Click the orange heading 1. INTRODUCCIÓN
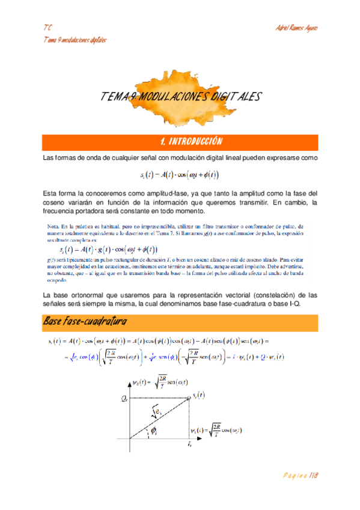pyautogui.click(x=192, y=142)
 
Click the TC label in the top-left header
pyautogui.click(x=47, y=28)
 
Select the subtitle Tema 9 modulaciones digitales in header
pyautogui.click(x=75, y=40)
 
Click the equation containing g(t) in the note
pyautogui.click(x=109, y=249)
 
